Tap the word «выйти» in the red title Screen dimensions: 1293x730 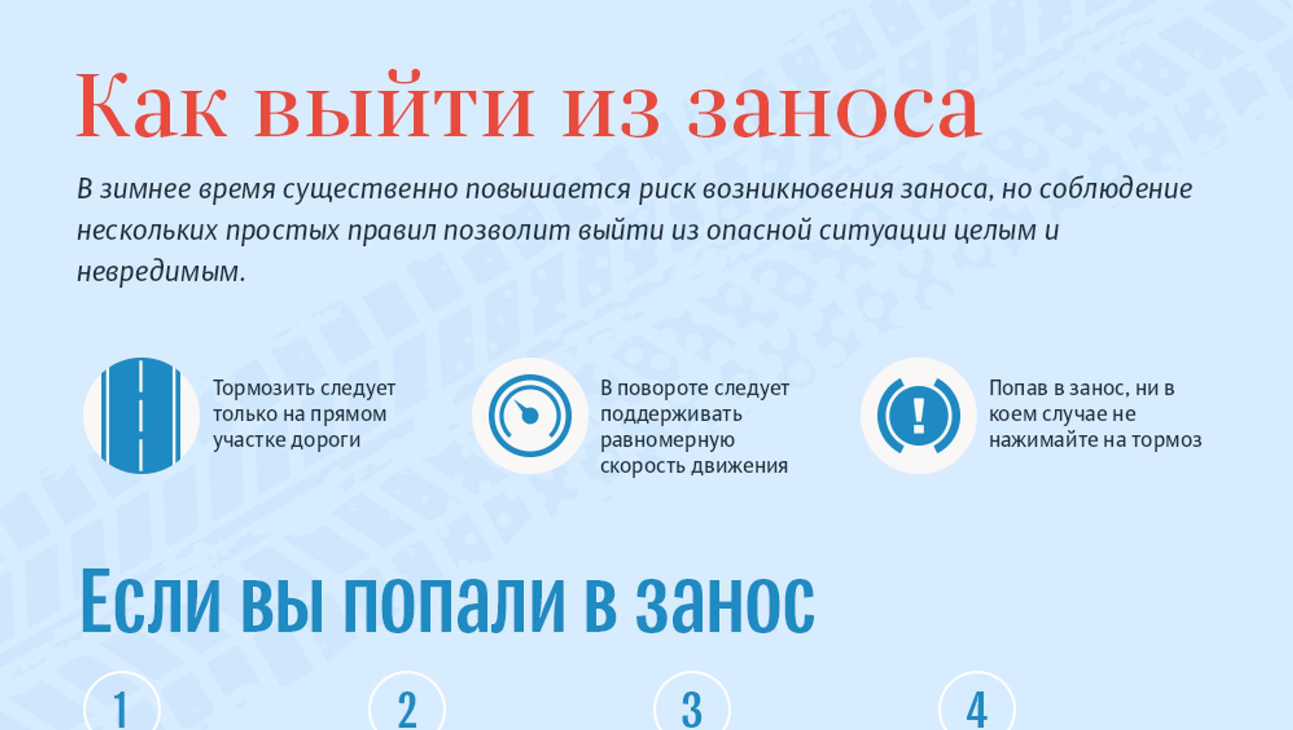point(394,104)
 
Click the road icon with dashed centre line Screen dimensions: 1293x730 point(141,416)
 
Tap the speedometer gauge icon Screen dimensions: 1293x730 point(530,416)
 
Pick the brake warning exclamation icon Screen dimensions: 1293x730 point(919,416)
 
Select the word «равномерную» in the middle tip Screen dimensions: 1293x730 point(667,440)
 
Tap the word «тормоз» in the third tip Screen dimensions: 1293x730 point(1166,440)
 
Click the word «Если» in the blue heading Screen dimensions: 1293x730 point(150,600)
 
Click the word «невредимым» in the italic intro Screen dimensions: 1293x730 point(161,272)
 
